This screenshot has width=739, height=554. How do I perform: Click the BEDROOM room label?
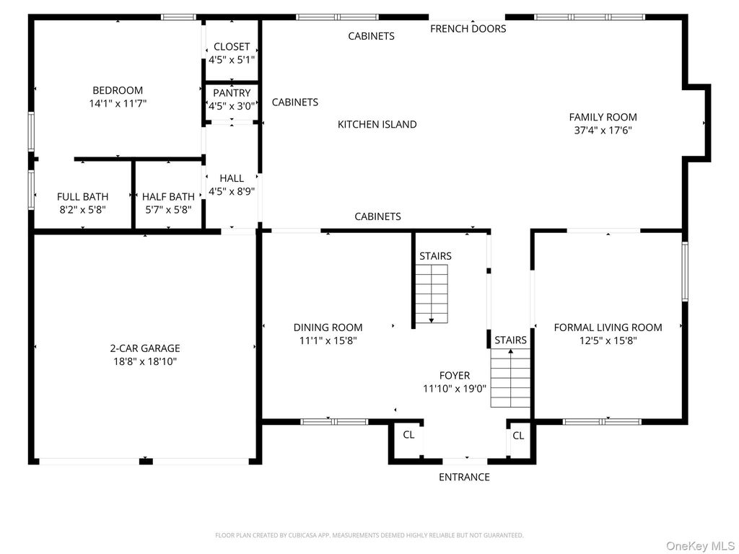pyautogui.click(x=118, y=90)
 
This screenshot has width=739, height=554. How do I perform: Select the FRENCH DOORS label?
pyautogui.click(x=468, y=29)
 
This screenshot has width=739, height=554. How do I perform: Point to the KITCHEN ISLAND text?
pyautogui.click(x=377, y=124)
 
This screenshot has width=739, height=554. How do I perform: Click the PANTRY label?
pyautogui.click(x=232, y=93)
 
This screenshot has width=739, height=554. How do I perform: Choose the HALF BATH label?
pyautogui.click(x=168, y=196)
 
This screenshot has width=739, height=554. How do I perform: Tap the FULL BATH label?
pyautogui.click(x=83, y=196)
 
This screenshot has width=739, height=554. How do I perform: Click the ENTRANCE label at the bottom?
pyautogui.click(x=464, y=477)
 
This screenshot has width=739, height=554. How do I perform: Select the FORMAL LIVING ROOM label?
pyautogui.click(x=608, y=327)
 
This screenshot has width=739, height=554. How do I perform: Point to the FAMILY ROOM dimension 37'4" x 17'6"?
pyautogui.click(x=603, y=131)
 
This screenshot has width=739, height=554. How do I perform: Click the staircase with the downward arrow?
pyautogui.click(x=432, y=294)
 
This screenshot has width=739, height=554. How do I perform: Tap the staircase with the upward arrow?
pyautogui.click(x=510, y=378)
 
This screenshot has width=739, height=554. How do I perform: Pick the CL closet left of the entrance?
pyautogui.click(x=408, y=435)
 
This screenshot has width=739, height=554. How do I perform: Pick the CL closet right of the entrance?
pyautogui.click(x=518, y=436)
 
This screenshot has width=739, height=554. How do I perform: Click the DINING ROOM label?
pyautogui.click(x=328, y=327)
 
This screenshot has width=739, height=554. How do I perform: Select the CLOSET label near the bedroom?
pyautogui.click(x=232, y=47)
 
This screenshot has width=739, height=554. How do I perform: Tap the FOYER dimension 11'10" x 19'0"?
pyautogui.click(x=455, y=388)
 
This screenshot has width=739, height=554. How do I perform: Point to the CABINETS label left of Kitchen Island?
pyautogui.click(x=294, y=102)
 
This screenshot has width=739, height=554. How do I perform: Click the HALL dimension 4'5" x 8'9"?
pyautogui.click(x=232, y=191)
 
